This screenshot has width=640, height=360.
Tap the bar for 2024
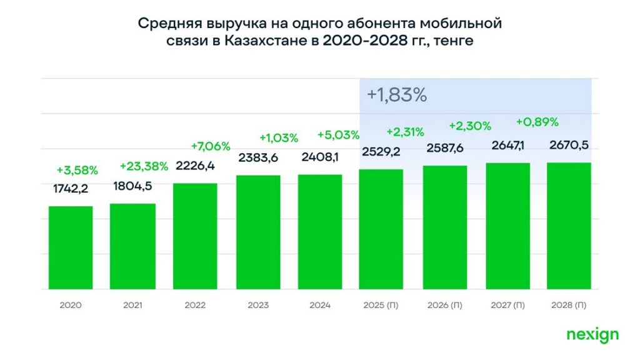tap(320, 232)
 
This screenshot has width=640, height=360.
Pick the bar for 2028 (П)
tap(569, 226)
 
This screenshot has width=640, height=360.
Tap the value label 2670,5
tap(569, 145)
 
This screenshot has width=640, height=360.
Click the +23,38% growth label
tap(144, 166)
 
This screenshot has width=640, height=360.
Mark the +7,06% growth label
tap(210, 146)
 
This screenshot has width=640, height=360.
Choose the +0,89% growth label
tap(537, 122)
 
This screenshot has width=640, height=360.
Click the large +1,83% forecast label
tap(397, 95)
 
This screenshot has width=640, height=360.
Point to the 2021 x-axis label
tap(132, 306)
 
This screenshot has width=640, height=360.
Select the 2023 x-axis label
tap(257, 306)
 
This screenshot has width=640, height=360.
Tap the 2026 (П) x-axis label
tap(444, 306)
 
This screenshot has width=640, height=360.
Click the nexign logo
tap(592, 335)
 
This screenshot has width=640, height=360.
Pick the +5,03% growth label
tap(338, 135)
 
